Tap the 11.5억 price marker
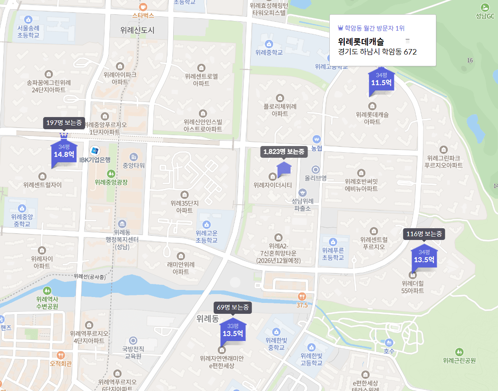click(381, 79)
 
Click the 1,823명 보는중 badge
click(284, 151)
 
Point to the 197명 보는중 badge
click(64, 123)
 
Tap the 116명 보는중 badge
click(424, 234)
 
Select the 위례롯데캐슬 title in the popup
click(361, 42)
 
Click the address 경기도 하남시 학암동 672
click(377, 52)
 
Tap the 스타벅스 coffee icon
click(143, 7)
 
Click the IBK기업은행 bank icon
click(95, 151)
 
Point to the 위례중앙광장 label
click(111, 182)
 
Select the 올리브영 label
click(316, 177)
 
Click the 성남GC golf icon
click(485, 7)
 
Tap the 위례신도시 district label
click(137, 30)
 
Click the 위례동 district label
click(207, 319)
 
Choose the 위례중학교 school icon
click(269, 44)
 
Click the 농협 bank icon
click(317, 139)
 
